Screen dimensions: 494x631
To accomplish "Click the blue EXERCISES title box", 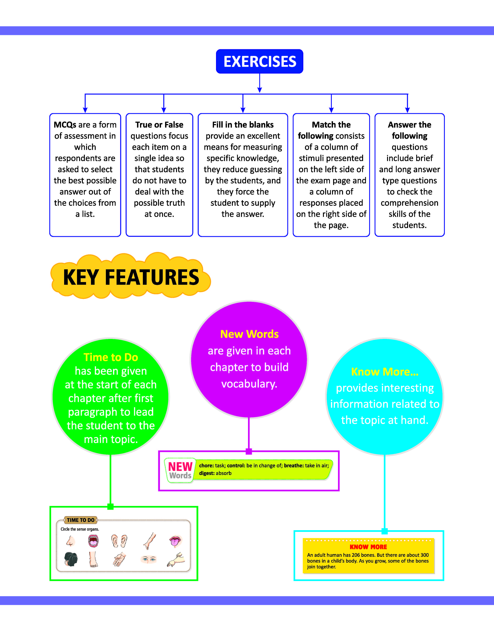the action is pyautogui.click(x=259, y=61).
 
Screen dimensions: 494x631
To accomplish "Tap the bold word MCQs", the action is pyautogui.click(x=65, y=125).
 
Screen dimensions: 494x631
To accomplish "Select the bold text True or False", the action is pyautogui.click(x=159, y=125).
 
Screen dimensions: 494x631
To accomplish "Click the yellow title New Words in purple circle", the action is pyautogui.click(x=249, y=334).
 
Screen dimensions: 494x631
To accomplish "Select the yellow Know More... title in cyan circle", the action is pyautogui.click(x=385, y=372).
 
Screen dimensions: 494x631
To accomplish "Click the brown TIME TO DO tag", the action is pyautogui.click(x=81, y=520).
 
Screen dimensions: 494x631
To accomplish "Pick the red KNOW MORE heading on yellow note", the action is pyautogui.click(x=368, y=547).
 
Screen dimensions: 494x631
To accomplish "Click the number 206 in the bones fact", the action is pyautogui.click(x=356, y=555).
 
